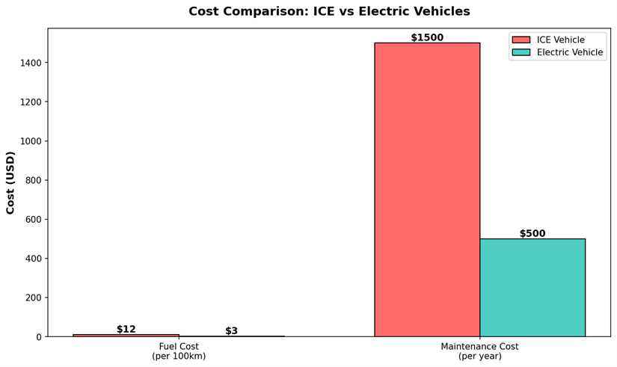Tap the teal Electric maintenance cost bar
click(532, 288)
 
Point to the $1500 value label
click(427, 37)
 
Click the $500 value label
click(532, 233)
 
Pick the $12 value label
click(126, 329)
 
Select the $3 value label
click(232, 330)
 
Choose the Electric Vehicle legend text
click(570, 52)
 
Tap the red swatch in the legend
click(521, 40)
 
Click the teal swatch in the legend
click(521, 52)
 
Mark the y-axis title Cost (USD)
click(10, 182)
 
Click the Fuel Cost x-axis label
click(179, 351)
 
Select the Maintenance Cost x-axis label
click(479, 351)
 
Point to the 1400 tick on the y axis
click(30, 63)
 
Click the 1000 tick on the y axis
click(30, 141)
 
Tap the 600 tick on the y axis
click(33, 220)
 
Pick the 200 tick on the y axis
click(33, 297)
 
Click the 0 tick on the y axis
click(38, 337)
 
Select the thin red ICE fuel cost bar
click(126, 336)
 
